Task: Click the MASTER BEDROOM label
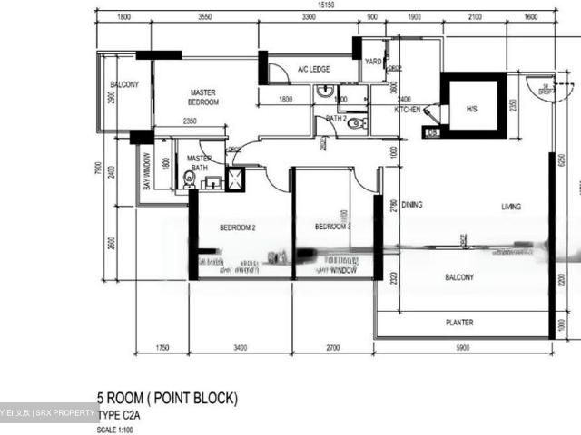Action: (204, 97)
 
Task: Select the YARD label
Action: (372, 63)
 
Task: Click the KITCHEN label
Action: (407, 110)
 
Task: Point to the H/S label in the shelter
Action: (471, 109)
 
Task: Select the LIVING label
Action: (511, 207)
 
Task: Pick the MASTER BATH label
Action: (200, 163)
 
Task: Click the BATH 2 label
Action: (336, 118)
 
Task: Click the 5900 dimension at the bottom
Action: (464, 347)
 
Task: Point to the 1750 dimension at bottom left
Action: (162, 347)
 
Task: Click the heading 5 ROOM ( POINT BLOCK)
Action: (167, 397)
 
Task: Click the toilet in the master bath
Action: (189, 179)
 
